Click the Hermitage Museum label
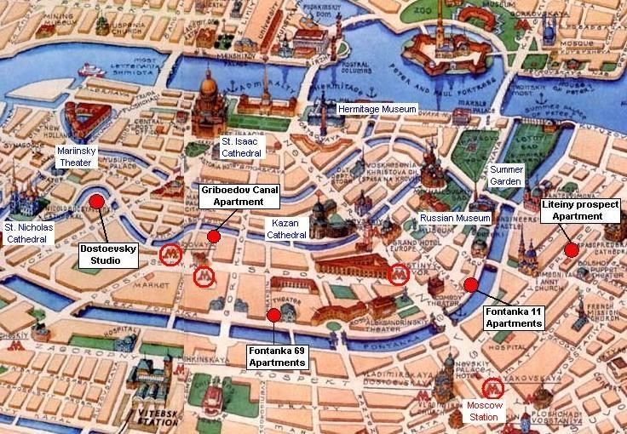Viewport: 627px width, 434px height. pos(377,110)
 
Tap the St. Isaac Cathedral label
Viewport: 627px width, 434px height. pos(242,146)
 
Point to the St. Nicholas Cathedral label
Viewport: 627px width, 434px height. pos(29,232)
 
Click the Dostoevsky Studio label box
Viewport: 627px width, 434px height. pos(108,255)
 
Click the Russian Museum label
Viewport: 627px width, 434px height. pos(455,219)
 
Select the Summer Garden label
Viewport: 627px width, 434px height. pos(506,175)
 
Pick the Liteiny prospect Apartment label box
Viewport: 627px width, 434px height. pos(583,210)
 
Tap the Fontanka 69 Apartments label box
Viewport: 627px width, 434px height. pos(277,357)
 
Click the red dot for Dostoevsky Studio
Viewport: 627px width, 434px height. pos(96,201)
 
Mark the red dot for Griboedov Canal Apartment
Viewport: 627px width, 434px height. pos(213,237)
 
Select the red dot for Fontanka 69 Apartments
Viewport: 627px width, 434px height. pos(273,316)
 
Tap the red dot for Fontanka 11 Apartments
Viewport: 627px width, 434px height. pos(470,285)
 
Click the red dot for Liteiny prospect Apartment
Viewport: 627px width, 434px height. pos(570,249)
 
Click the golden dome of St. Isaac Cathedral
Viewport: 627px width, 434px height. pos(208,85)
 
